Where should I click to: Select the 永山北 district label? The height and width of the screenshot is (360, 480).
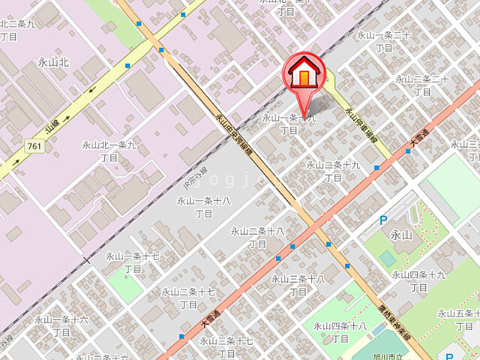tap(53, 62)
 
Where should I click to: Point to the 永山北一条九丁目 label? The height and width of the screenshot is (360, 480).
tap(109, 151)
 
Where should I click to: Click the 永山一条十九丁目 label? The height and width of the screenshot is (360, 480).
tap(289, 124)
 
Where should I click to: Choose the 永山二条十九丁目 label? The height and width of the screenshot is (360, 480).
tap(333, 171)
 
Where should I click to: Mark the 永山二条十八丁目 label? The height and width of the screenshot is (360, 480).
tap(256, 237)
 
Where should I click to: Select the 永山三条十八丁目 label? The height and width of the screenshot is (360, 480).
tap(298, 285)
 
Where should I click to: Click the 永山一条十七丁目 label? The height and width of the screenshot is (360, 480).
tap(133, 262)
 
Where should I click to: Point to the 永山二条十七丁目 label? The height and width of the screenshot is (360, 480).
tap(188, 298)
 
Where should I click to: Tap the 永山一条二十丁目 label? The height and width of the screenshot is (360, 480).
tap(383, 41)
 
